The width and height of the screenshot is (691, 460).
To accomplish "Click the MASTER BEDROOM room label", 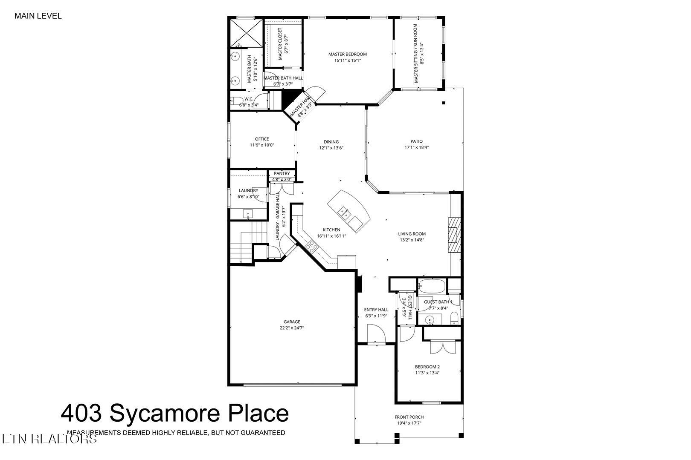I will (347, 54).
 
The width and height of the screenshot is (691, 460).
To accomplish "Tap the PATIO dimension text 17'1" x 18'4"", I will (416, 147).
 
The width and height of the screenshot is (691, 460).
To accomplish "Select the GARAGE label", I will (292, 322).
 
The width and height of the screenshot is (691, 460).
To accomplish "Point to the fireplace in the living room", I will (455, 235).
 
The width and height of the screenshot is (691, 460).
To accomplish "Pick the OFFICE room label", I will (262, 139).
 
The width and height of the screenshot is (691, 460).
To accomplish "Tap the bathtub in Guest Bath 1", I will (432, 286).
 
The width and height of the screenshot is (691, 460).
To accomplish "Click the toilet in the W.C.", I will (235, 101).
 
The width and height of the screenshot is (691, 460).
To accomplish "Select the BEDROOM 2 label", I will (427, 367).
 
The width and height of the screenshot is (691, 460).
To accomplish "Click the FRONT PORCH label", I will (409, 417).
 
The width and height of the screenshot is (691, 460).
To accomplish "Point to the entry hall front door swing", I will (375, 333).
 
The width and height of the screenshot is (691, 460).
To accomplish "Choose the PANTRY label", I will (282, 173).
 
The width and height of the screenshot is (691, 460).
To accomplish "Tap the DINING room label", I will (331, 142).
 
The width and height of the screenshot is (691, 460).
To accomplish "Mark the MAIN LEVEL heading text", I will (38, 16).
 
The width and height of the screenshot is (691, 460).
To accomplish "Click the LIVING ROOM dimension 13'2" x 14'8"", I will (412, 240).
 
